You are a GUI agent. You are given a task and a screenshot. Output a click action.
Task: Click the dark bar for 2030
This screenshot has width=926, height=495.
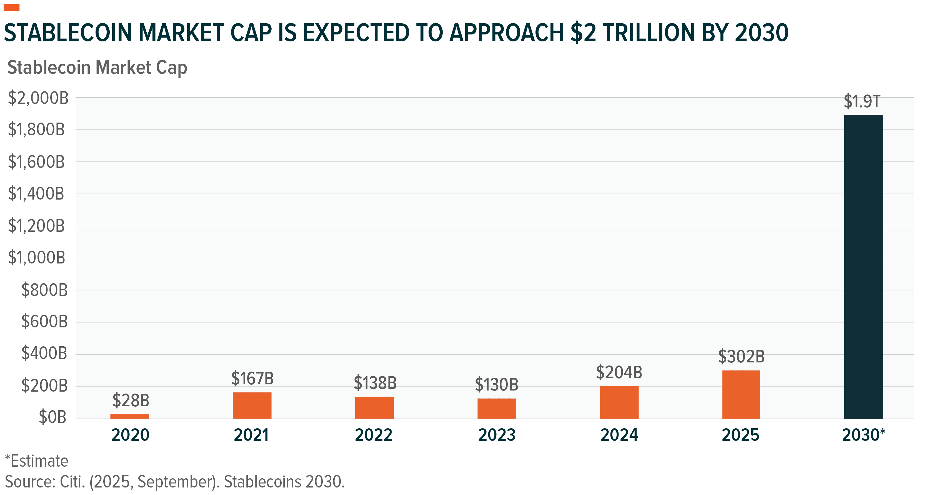tap(864, 266)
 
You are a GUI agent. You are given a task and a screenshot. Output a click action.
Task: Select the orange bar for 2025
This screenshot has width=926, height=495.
tap(741, 394)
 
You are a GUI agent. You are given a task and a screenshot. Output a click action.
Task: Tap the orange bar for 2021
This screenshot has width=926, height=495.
tap(252, 406)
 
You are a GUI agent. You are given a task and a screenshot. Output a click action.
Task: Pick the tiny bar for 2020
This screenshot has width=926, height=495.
tap(130, 416)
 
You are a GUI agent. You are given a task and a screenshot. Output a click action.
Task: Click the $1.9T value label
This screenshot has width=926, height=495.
tap(861, 101)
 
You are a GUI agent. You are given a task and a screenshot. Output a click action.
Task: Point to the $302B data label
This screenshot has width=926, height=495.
tap(741, 356)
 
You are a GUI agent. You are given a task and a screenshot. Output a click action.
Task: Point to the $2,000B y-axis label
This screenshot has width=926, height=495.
tap(38, 98)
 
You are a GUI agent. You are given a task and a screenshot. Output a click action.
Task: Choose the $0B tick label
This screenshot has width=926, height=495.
tap(53, 417)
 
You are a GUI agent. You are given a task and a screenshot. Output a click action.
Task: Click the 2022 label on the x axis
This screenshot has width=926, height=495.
tap(374, 435)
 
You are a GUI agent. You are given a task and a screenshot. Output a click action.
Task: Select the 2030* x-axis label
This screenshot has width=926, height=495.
tap(864, 435)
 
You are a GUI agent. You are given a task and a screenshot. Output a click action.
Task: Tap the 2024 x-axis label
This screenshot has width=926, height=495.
tap(619, 435)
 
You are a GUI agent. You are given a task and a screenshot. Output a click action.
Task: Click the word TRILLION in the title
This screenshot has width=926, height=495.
tap(649, 33)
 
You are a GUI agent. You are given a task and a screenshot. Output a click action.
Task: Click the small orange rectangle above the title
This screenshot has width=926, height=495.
tap(11, 8)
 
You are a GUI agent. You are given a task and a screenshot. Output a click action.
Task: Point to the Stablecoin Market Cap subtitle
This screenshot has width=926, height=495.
tap(97, 68)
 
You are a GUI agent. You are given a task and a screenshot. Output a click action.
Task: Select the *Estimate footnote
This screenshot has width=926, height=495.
tap(37, 461)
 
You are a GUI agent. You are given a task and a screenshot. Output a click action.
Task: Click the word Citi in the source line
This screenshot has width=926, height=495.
tap(72, 481)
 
